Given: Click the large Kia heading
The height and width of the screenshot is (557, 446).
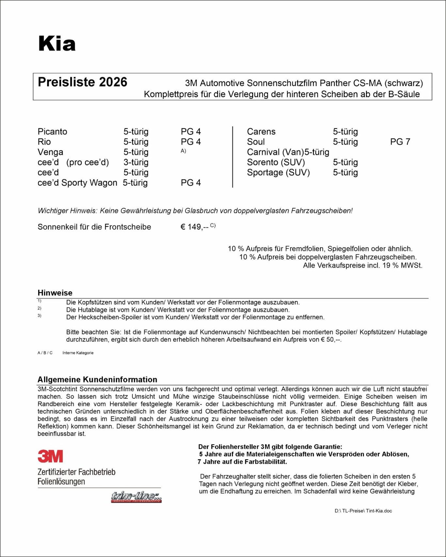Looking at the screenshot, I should click(x=57, y=44).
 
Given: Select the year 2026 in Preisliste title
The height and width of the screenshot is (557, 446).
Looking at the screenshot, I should click(x=113, y=82).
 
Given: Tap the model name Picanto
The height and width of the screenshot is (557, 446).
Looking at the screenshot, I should click(x=52, y=131).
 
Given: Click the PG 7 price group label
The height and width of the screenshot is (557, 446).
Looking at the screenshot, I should click(x=400, y=142).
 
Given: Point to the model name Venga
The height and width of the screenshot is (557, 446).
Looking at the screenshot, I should click(x=50, y=152).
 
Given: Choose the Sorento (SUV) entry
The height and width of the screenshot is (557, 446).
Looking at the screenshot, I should click(x=276, y=162).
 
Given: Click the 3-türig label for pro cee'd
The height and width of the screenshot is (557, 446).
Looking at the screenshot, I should click(x=136, y=162).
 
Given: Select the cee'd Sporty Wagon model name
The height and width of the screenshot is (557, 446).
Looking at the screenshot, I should click(x=77, y=183).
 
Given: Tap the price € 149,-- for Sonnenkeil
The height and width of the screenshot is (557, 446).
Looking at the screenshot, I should click(x=194, y=227).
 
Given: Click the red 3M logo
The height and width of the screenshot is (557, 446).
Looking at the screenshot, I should click(x=50, y=456).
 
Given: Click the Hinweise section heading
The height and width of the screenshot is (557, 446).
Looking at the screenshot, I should click(x=55, y=293).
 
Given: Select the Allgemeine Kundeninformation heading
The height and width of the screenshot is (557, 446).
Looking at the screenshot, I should click(x=97, y=379).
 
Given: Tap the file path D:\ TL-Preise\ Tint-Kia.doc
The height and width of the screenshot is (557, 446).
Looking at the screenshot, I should click(x=363, y=511).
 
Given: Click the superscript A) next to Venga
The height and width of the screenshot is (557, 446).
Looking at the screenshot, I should click(x=183, y=151).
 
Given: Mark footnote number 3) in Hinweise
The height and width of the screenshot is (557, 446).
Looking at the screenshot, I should click(x=40, y=316).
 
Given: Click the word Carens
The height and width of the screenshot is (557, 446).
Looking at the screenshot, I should click(x=261, y=131).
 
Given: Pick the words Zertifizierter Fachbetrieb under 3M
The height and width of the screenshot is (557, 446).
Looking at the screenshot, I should click(x=76, y=472).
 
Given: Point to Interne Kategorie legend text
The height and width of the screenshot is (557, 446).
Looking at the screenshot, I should click(x=78, y=353).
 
